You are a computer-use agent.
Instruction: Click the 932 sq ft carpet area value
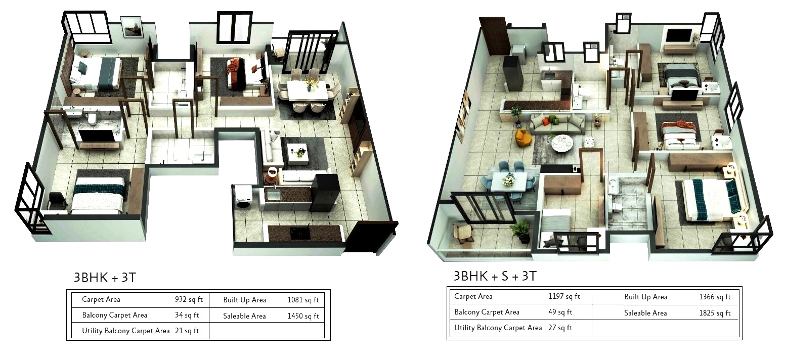tap(189, 299)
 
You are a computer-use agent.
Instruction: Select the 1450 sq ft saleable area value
tap(303, 316)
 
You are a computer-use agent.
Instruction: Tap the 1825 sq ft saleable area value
tap(715, 312)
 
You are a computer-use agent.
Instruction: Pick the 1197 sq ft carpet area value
tap(564, 296)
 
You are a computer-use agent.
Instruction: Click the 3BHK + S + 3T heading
tap(495, 276)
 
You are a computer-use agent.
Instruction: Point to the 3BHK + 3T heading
tap(105, 278)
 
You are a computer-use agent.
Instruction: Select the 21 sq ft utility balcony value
tap(187, 331)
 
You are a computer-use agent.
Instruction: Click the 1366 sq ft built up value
tap(715, 297)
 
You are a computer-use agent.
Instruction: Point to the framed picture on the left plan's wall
tap(132, 27)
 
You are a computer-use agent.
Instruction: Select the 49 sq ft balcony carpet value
tap(560, 311)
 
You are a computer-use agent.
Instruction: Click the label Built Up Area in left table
tap(245, 300)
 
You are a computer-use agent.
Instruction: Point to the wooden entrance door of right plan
tap(494, 36)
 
